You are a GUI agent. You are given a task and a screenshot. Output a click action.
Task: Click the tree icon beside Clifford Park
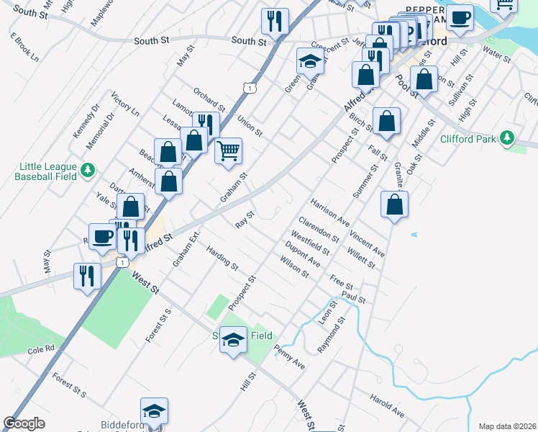coord(508,137)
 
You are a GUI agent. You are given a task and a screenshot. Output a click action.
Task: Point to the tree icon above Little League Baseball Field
coord(88,170)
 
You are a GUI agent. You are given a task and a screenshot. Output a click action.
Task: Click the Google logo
coord(24,423)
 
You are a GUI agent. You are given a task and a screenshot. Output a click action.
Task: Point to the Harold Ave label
coord(387,405)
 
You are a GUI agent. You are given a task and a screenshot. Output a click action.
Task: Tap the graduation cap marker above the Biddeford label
coord(154,411)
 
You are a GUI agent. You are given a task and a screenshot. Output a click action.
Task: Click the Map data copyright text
coord(507,426)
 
